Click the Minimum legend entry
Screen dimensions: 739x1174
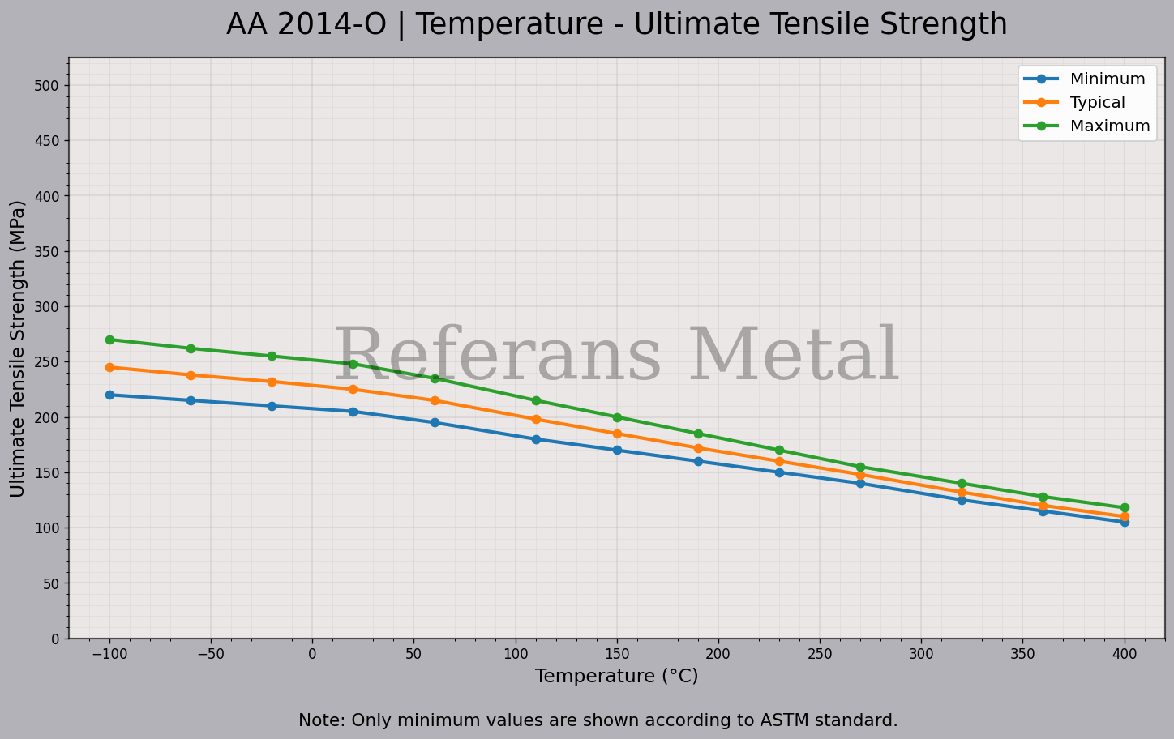pyautogui.click(x=1107, y=79)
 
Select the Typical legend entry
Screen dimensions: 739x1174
pyautogui.click(x=1097, y=103)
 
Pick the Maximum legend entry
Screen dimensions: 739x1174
pyautogui.click(x=1109, y=126)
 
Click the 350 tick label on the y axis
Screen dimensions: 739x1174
pyautogui.click(x=48, y=252)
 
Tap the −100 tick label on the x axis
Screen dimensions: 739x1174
pyautogui.click(x=109, y=653)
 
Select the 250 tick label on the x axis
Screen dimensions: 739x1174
pyautogui.click(x=819, y=653)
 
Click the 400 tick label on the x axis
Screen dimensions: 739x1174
pyautogui.click(x=1124, y=653)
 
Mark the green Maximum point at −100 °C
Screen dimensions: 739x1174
pyautogui.click(x=109, y=340)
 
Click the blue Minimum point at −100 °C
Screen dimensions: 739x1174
pyautogui.click(x=109, y=395)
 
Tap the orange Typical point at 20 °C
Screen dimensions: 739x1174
pyautogui.click(x=353, y=390)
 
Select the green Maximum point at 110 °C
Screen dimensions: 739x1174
pyautogui.click(x=536, y=400)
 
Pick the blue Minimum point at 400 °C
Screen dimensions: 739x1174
pyautogui.click(x=1125, y=522)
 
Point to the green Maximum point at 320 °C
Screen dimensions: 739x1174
pyautogui.click(x=962, y=483)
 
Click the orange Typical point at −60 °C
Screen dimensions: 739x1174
pyautogui.click(x=191, y=375)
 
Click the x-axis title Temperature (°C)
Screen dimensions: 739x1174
pyautogui.click(x=616, y=676)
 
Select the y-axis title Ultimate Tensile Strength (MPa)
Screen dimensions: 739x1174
pyautogui.click(x=18, y=348)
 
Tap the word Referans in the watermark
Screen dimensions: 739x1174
pyautogui.click(x=498, y=357)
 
